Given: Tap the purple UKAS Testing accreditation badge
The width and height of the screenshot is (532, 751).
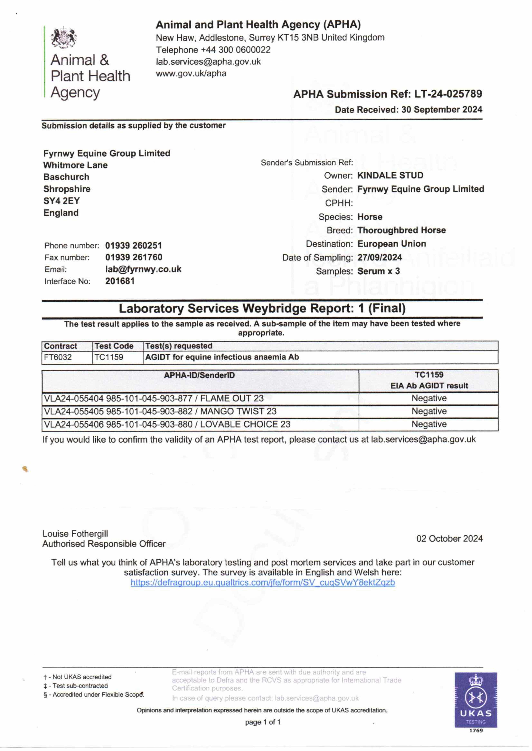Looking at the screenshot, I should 476,699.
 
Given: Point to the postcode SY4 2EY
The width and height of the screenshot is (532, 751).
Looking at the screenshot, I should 62,201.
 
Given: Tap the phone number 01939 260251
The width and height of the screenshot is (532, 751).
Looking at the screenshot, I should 133,246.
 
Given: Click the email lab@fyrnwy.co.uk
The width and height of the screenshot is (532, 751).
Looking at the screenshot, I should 143,269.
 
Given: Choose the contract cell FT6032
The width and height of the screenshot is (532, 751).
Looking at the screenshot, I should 58,357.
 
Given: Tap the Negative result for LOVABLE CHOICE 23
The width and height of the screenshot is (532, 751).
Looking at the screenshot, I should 429,424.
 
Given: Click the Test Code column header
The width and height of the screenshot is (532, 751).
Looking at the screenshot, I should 114,346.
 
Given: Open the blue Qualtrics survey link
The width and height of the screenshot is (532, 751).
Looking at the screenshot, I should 263,582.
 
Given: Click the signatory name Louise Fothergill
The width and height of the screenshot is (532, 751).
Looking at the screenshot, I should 75,534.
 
